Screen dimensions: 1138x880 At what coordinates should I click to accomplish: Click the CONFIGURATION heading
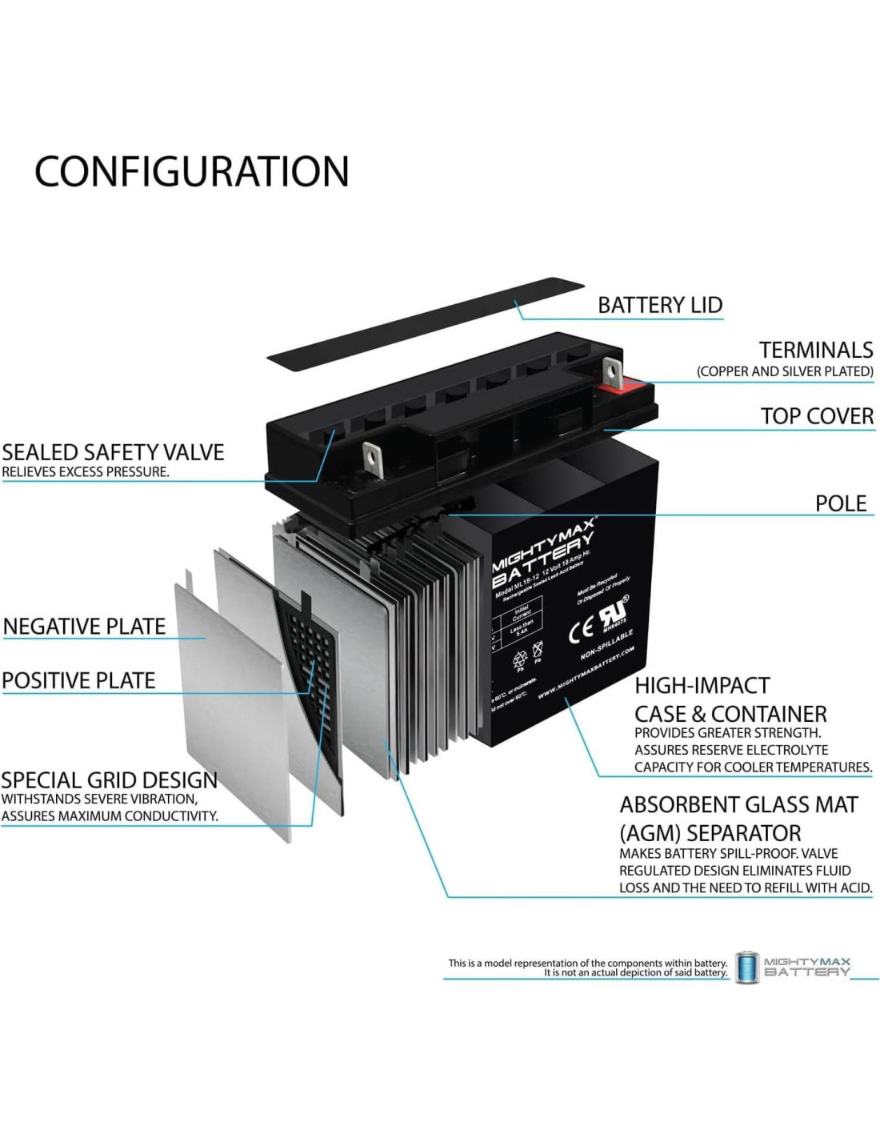coord(192,171)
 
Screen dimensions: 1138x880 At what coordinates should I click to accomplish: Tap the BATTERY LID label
coord(660,305)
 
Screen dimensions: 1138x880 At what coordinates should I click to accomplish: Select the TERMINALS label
coord(815,350)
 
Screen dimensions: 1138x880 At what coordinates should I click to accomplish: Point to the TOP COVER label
coord(816,416)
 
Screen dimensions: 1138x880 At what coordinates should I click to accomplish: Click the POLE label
coord(840,503)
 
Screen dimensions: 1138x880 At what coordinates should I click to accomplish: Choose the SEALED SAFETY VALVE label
coord(113,452)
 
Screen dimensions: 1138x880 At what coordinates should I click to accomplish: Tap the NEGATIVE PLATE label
coord(84,626)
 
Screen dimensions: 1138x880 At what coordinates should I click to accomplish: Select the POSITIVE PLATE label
coord(78,680)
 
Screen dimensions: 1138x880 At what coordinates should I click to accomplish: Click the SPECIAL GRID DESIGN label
coord(109,780)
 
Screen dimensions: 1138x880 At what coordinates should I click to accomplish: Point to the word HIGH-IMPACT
coord(702,686)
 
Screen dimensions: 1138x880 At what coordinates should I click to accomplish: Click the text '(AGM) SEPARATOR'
coord(710,833)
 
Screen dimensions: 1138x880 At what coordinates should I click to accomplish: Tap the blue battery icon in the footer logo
coord(746,968)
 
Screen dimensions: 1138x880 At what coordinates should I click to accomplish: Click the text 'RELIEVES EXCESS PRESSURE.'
coord(86,472)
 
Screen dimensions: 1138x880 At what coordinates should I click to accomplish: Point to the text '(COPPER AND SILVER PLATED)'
coord(784,371)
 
